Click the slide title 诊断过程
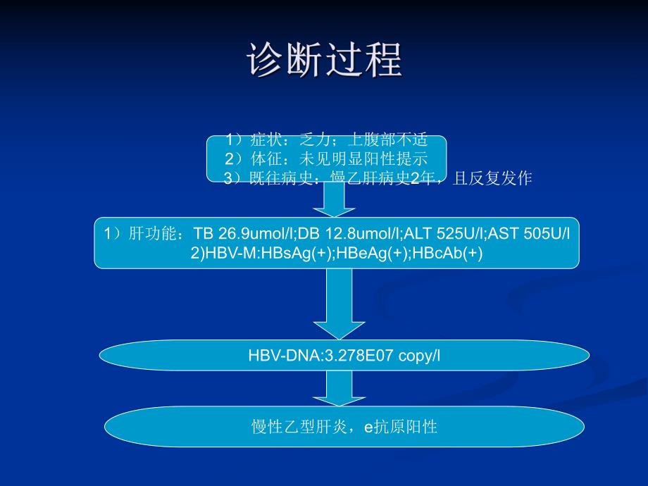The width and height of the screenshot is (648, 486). (x=325, y=60)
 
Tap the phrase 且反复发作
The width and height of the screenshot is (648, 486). (x=492, y=179)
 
